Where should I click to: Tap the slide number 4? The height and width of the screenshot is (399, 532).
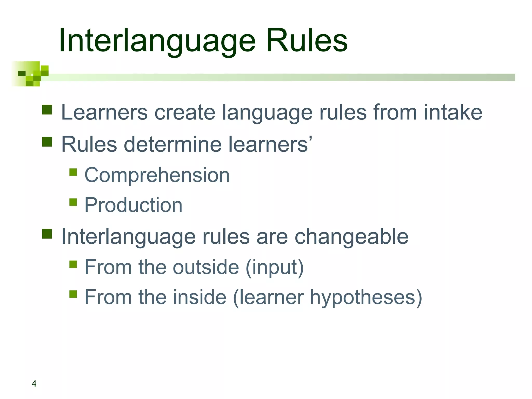34,383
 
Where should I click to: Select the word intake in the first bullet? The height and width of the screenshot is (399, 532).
453,112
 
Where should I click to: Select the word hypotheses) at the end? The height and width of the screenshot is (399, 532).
366,298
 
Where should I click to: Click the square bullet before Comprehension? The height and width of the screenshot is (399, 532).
73,172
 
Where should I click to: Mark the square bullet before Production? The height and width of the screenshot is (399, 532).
73,202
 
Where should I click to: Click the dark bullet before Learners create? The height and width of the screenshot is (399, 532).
47,110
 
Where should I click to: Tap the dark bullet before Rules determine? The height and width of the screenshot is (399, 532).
47,142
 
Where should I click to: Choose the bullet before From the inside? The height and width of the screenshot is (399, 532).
73,294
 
